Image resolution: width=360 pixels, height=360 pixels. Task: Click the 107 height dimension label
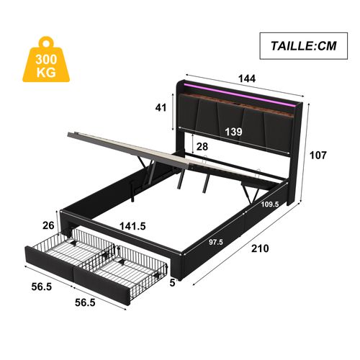(319, 155)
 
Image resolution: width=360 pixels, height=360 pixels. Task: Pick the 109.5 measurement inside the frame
(271, 204)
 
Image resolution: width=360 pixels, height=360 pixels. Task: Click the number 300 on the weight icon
(49, 60)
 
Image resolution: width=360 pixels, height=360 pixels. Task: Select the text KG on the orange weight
(49, 72)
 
